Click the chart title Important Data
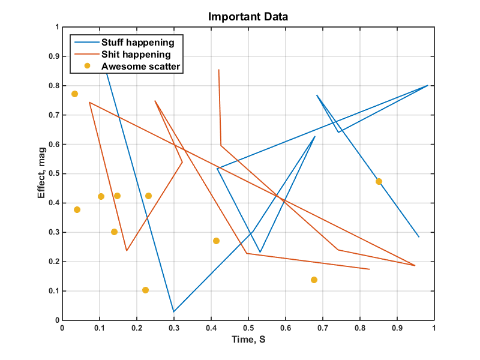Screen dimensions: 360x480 pyautogui.click(x=248, y=16)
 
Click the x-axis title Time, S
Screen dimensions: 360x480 pyautogui.click(x=248, y=340)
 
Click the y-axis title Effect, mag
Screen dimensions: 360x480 pyautogui.click(x=41, y=174)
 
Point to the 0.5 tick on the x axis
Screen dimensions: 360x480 pyautogui.click(x=248, y=328)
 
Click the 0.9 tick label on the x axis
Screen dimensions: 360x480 pyautogui.click(x=397, y=328)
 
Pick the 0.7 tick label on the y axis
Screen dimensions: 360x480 pyautogui.click(x=54, y=115)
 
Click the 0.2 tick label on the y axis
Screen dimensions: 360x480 pyautogui.click(x=54, y=262)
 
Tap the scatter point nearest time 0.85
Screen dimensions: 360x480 pyautogui.click(x=379, y=181)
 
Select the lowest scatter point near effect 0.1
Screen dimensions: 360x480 pyautogui.click(x=145, y=290)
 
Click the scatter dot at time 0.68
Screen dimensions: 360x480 pyautogui.click(x=314, y=280)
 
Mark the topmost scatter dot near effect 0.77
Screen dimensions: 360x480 pyautogui.click(x=74, y=94)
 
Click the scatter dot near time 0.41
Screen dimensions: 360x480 pyautogui.click(x=216, y=241)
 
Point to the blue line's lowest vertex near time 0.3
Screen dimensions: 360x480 pyautogui.click(x=173, y=312)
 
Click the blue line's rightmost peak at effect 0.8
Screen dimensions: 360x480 pyautogui.click(x=428, y=85)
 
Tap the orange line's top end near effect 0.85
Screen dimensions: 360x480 pyautogui.click(x=218, y=70)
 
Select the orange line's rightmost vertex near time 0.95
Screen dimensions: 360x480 pyautogui.click(x=415, y=265)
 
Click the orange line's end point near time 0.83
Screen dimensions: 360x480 pyautogui.click(x=369, y=269)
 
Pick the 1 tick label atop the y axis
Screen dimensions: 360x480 pyautogui.click(x=57, y=27)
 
